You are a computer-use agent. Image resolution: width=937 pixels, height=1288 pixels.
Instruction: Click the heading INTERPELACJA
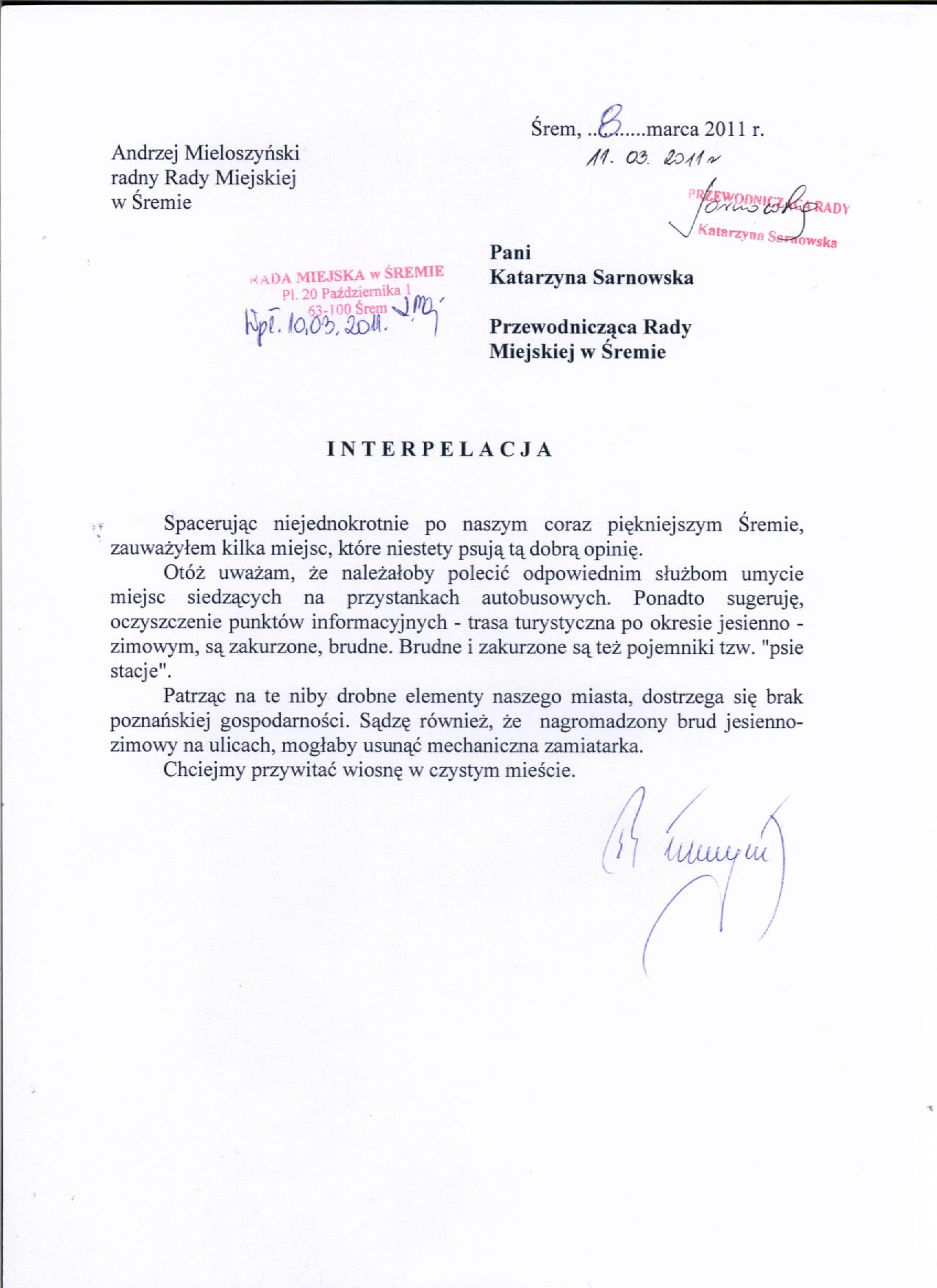coord(439,450)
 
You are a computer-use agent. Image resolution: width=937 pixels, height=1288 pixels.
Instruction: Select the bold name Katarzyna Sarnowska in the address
coord(591,278)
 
